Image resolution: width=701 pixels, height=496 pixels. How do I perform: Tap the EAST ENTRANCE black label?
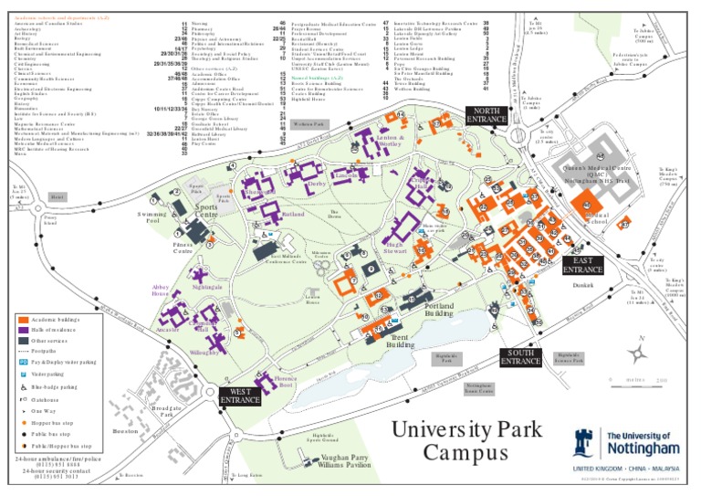tap(582, 265)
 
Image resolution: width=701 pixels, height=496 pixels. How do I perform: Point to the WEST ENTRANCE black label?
tap(241, 396)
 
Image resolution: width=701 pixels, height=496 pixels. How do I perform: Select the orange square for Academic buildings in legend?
tap(22, 320)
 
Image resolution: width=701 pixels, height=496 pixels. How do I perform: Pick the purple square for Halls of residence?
tap(22, 330)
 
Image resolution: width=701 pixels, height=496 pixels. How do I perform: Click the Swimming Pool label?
tap(152, 217)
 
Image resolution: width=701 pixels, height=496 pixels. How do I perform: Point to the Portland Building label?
tap(438, 310)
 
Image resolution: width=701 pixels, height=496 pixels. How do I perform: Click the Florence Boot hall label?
tap(286, 382)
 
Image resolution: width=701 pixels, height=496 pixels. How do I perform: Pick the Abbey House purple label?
tap(161, 290)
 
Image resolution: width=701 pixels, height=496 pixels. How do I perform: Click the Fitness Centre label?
tap(183, 247)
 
